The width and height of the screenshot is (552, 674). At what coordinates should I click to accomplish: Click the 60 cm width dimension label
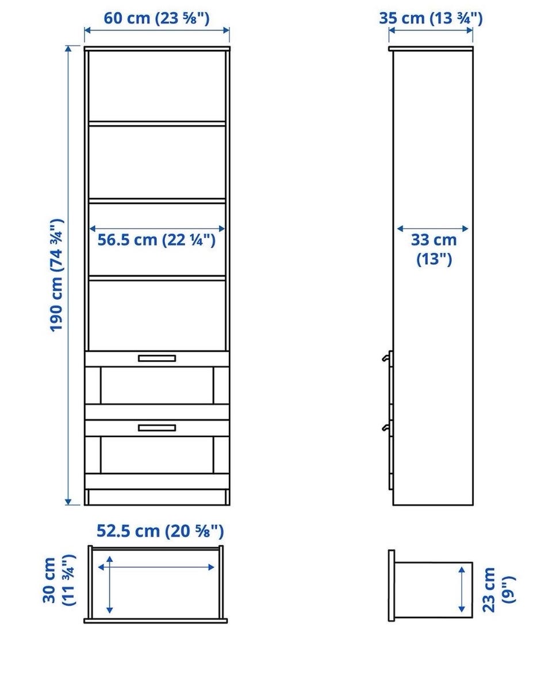pyautogui.click(x=156, y=18)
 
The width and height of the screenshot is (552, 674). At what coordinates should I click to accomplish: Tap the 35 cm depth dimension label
pyautogui.click(x=431, y=18)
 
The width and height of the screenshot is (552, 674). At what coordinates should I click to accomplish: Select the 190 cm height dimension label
pyautogui.click(x=57, y=276)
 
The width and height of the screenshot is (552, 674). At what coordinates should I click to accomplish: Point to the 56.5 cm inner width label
pyautogui.click(x=156, y=240)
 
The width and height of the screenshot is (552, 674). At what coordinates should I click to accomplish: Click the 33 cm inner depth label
pyautogui.click(x=434, y=249)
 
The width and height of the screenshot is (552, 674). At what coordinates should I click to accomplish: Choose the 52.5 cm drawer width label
pyautogui.click(x=160, y=532)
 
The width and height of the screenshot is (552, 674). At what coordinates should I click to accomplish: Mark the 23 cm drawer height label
pyautogui.click(x=499, y=590)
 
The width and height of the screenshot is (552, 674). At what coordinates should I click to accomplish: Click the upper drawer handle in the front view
pyautogui.click(x=156, y=358)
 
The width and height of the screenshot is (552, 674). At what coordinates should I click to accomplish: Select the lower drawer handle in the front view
pyautogui.click(x=156, y=427)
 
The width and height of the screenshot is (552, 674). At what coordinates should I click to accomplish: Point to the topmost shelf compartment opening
pyautogui.click(x=157, y=86)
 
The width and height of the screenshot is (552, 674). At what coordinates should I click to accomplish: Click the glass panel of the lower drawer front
pyautogui.click(x=157, y=455)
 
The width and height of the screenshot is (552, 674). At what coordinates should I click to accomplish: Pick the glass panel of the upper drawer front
pyautogui.click(x=157, y=385)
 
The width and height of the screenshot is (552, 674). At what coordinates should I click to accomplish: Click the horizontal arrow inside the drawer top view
pyautogui.click(x=156, y=567)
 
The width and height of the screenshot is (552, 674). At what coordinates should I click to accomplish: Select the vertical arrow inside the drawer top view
pyautogui.click(x=110, y=584)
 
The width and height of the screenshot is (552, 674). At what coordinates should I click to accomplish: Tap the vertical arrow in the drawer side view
pyautogui.click(x=462, y=589)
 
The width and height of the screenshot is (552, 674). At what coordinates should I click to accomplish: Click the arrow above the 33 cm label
pyautogui.click(x=432, y=229)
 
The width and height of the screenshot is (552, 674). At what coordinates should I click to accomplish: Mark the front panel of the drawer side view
pyautogui.click(x=391, y=586)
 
